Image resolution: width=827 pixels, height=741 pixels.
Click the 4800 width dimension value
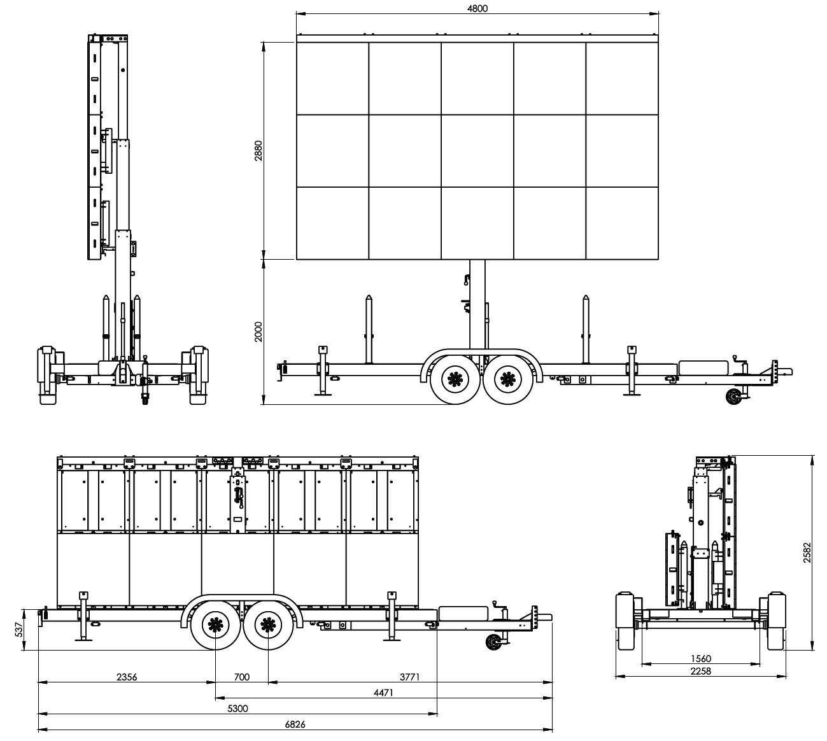pos(477,8)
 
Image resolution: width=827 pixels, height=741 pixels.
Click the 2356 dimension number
pos(127,677)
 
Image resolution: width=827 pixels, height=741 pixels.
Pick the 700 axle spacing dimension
pos(242,677)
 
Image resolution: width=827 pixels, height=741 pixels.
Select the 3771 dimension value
pos(410,677)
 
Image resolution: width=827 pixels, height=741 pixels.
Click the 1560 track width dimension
pos(700,659)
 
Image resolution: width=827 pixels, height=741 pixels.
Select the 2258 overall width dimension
pos(700,671)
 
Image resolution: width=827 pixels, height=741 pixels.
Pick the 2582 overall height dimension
pos(807,553)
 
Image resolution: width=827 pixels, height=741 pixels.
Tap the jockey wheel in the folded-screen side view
pos(492,642)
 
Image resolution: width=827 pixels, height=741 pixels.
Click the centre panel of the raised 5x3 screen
pos(477,151)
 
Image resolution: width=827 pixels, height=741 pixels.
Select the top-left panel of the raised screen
pos(332,78)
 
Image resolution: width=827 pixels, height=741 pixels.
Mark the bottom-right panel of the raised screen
pos(622,223)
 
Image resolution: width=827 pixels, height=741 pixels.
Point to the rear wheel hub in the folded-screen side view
pos(216,625)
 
